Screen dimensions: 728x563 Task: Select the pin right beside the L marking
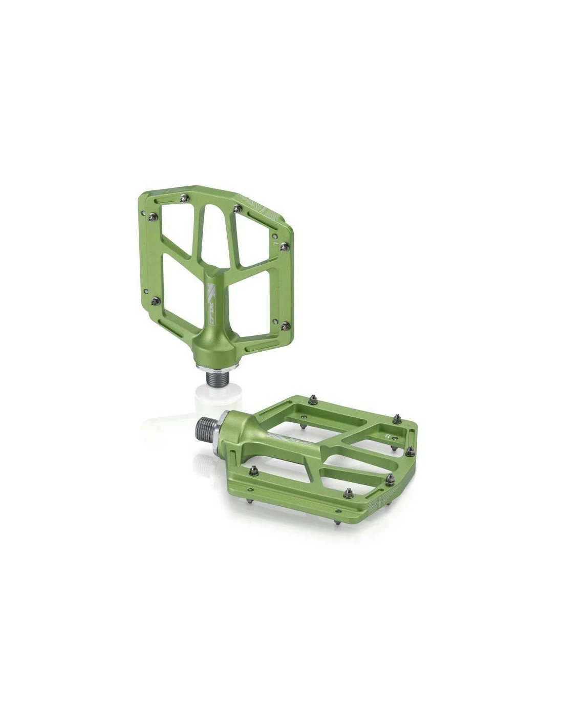click(x=286, y=247)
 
